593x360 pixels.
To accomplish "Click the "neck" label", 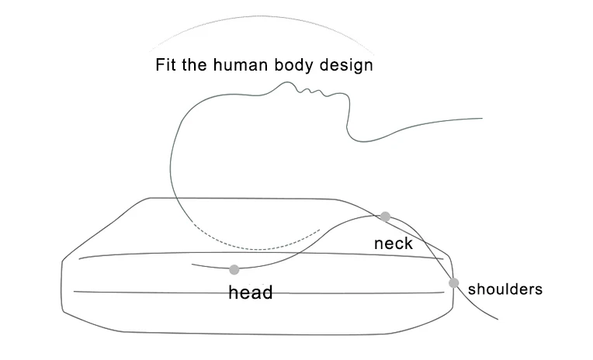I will click(393, 244).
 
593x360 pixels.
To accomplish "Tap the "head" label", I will click(250, 292).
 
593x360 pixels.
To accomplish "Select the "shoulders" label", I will click(505, 290).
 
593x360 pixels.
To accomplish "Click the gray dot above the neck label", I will click(385, 216).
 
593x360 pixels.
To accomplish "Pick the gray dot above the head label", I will click(234, 270).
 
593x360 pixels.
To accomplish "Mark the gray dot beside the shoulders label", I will click(454, 283).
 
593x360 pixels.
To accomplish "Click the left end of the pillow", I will click(63, 283).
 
